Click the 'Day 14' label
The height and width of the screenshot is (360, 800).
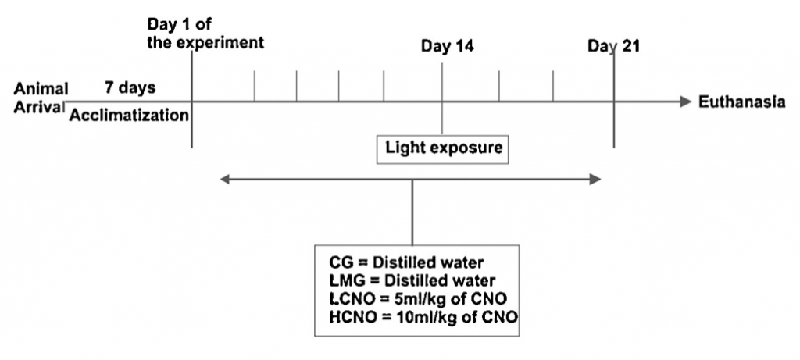(448, 46)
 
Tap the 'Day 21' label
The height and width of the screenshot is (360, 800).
(614, 46)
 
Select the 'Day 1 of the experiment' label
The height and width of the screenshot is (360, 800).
(205, 33)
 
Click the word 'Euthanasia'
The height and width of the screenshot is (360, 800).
(741, 102)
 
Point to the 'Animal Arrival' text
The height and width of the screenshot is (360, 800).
(40, 97)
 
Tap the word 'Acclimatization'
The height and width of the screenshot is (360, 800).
(129, 116)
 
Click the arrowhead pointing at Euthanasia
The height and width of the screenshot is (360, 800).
(685, 102)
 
